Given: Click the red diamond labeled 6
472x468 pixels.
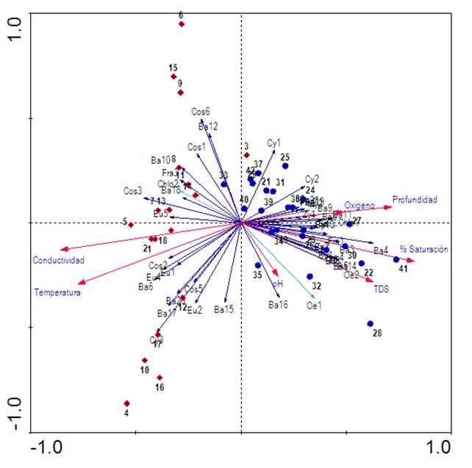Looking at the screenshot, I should pyautogui.click(x=182, y=24).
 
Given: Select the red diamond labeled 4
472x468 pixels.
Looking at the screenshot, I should pyautogui.click(x=126, y=403).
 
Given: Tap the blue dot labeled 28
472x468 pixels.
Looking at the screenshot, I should pyautogui.click(x=371, y=323).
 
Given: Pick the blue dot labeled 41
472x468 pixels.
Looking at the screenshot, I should pyautogui.click(x=396, y=259).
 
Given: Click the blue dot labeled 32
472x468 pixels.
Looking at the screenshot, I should pyautogui.click(x=310, y=276).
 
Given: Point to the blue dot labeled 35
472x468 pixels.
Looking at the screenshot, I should pyautogui.click(x=258, y=265).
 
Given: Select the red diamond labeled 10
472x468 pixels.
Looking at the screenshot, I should pyautogui.click(x=145, y=360).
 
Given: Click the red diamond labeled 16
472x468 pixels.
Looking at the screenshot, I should pyautogui.click(x=160, y=378).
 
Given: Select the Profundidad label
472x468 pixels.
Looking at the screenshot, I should pyautogui.click(x=415, y=199).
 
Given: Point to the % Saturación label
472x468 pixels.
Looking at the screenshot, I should pyautogui.click(x=423, y=250).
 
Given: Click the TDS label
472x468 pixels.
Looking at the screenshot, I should pyautogui.click(x=381, y=289).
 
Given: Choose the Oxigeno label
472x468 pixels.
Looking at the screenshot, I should pyautogui.click(x=360, y=205).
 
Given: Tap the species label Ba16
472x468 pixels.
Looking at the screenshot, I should pyautogui.click(x=278, y=304).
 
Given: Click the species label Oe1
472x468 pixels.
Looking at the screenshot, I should pyautogui.click(x=314, y=305).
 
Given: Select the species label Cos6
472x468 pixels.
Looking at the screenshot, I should pyautogui.click(x=201, y=112).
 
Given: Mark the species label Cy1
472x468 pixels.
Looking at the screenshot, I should pyautogui.click(x=273, y=143).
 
